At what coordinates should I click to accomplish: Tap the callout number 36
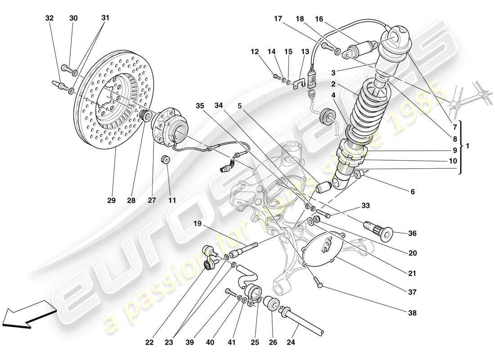(412, 234)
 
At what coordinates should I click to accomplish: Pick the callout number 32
(49, 18)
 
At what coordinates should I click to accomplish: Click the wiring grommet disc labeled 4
(328, 117)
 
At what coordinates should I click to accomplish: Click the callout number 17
(278, 18)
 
